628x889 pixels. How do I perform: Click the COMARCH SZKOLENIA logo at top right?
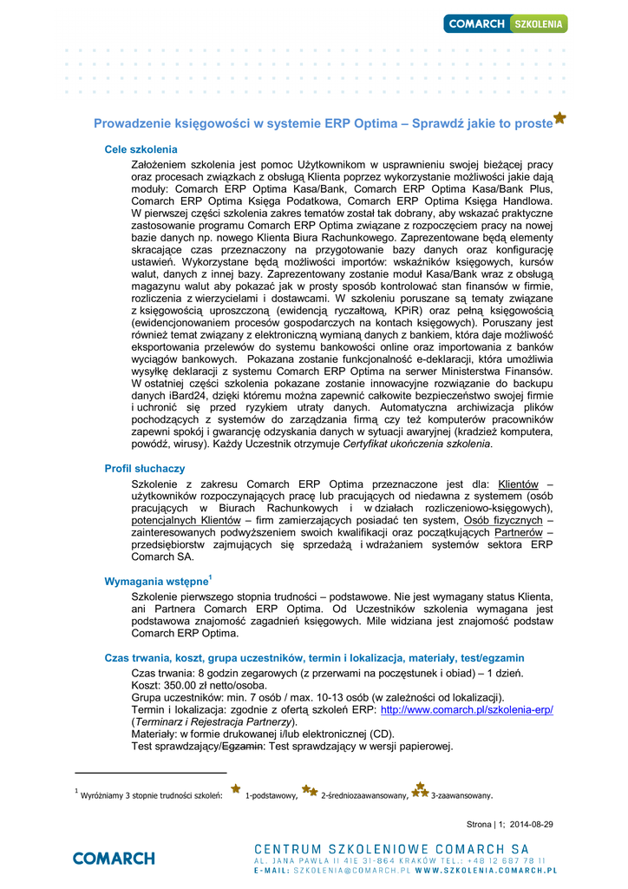point(506,23)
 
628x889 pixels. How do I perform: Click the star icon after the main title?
point(560,118)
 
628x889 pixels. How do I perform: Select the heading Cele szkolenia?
point(141,149)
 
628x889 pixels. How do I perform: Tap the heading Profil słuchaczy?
point(145,469)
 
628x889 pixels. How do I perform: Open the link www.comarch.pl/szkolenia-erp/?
point(468,709)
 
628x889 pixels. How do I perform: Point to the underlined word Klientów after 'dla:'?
point(518,484)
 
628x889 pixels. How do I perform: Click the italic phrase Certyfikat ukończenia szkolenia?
point(417,444)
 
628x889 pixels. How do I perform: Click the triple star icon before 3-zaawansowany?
point(420,790)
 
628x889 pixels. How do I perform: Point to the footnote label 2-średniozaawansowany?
point(363,795)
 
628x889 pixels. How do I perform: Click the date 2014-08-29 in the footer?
point(532,824)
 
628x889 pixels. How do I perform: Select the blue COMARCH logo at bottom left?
point(114,858)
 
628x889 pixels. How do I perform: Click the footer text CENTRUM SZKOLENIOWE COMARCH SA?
point(391,847)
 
